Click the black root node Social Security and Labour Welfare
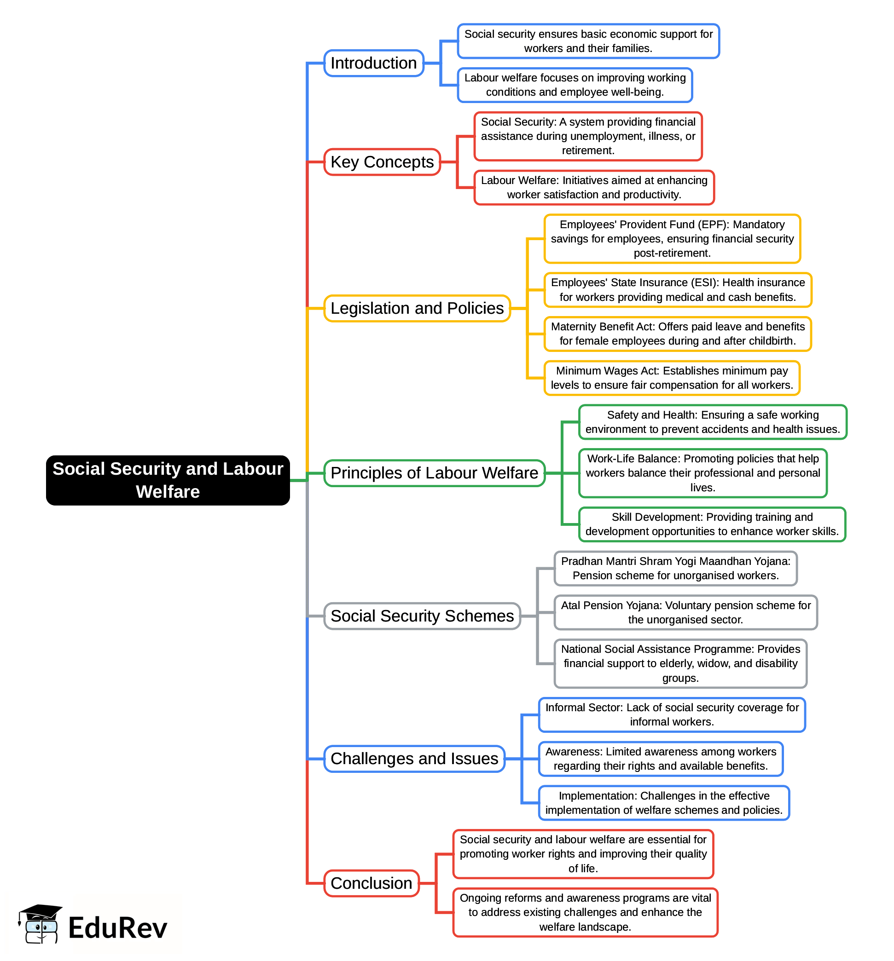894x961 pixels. pos(168,480)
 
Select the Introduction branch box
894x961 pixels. pos(373,63)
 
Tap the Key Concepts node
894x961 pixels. pos(382,162)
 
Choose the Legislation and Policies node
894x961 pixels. pos(417,308)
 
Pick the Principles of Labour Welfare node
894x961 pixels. pos(434,473)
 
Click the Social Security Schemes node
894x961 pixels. pos(422,616)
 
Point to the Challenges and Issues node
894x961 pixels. pos(414,759)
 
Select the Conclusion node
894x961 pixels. pos(371,883)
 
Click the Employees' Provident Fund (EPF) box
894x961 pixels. pos(672,239)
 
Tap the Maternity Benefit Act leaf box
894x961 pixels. pos(677,334)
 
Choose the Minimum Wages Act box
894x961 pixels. pos(672,378)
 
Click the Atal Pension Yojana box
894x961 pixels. pos(685,612)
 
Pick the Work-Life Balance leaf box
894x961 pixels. pos(702,473)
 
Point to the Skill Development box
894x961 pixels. pos(712,524)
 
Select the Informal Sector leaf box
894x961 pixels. pos(672,714)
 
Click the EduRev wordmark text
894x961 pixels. pos(117,928)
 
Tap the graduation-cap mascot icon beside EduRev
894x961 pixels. pos(40,924)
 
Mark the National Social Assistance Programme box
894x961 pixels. pos(680,664)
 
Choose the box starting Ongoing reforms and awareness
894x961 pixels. pos(585,913)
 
